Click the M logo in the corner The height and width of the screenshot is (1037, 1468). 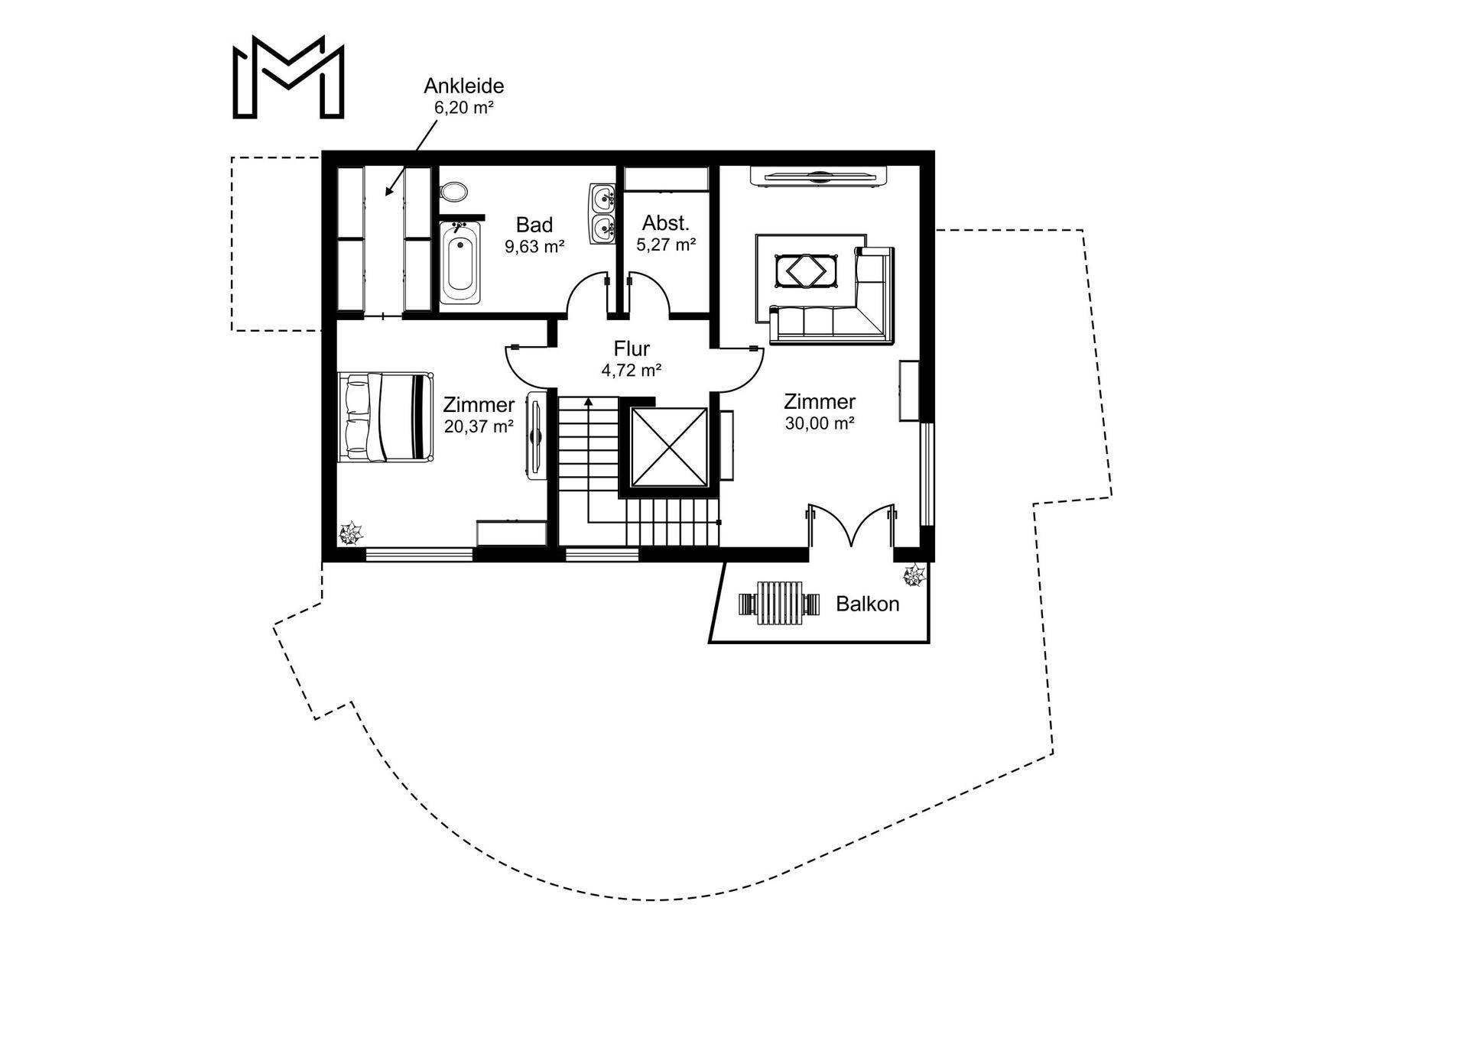click(x=288, y=77)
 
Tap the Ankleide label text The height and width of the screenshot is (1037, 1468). click(x=463, y=86)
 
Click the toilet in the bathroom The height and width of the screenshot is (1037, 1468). click(x=454, y=191)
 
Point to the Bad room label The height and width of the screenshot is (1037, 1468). click(x=534, y=225)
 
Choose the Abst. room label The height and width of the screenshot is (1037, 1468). click(x=665, y=223)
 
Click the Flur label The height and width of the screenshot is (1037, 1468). click(x=631, y=348)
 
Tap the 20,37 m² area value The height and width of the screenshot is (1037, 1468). click(x=479, y=426)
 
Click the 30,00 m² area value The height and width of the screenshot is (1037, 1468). click(x=819, y=423)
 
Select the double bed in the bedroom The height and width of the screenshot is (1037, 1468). click(x=385, y=416)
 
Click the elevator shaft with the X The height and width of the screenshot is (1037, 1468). click(x=669, y=447)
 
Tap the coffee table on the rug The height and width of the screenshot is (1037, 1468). click(x=807, y=271)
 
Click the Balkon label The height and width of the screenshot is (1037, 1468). click(x=867, y=604)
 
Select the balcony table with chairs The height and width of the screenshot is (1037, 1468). click(x=779, y=604)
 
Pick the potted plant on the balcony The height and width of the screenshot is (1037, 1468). click(x=913, y=575)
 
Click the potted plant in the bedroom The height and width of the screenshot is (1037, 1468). click(x=351, y=533)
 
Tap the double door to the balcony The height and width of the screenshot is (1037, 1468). click(x=851, y=526)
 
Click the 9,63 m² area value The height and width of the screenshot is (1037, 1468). click(x=534, y=247)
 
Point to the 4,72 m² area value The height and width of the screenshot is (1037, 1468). click(x=631, y=371)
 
